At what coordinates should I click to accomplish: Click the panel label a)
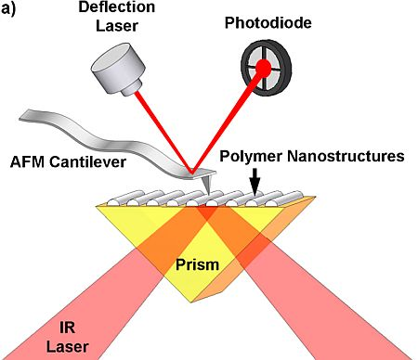(12, 12)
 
